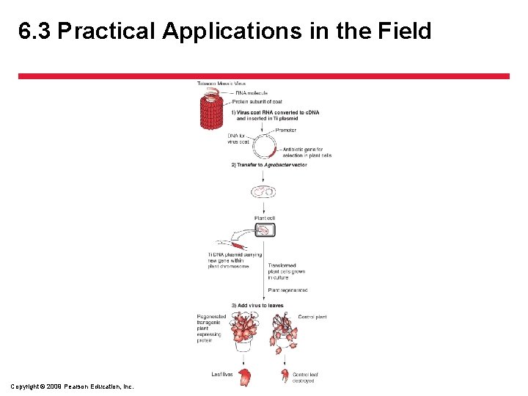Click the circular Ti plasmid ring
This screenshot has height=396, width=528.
click(264, 145)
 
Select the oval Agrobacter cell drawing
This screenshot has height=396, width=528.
click(263, 192)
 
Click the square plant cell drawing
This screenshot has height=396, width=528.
click(265, 230)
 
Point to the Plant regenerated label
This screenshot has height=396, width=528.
click(287, 290)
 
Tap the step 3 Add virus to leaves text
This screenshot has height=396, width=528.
click(257, 305)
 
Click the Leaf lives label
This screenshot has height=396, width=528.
click(222, 375)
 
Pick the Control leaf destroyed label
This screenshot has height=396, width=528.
click(304, 378)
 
